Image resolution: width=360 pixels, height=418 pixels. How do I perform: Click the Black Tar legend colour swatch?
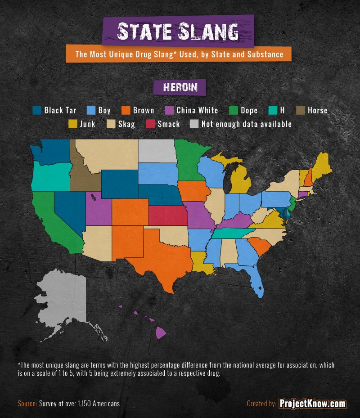point(37,110)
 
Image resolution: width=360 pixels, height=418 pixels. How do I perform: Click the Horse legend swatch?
point(300,110)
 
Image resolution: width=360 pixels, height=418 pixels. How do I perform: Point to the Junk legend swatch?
point(72,124)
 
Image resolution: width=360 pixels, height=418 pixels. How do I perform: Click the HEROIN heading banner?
point(180,87)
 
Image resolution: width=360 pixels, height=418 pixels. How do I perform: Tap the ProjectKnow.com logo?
point(312,404)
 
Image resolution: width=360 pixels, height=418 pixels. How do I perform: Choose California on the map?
point(52,220)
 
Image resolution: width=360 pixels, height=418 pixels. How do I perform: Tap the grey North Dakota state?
point(157,151)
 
